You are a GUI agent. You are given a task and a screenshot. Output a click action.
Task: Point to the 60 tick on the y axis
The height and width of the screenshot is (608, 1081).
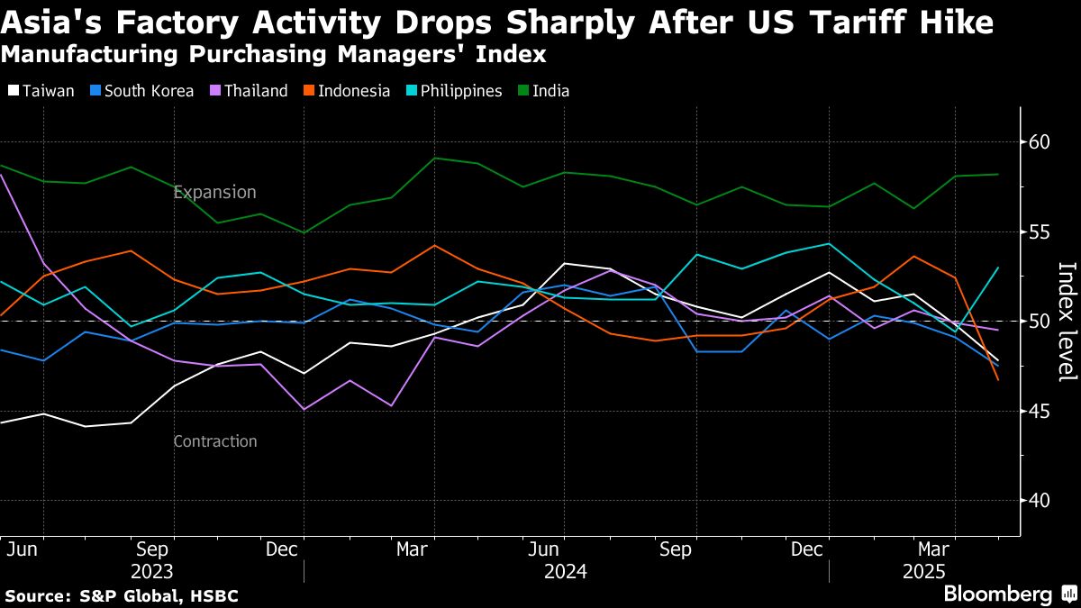pyautogui.click(x=1040, y=142)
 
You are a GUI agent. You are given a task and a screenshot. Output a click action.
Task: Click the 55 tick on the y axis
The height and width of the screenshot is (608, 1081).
pyautogui.click(x=1040, y=231)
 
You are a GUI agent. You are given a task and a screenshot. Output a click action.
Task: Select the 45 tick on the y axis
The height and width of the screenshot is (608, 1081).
pyautogui.click(x=1040, y=411)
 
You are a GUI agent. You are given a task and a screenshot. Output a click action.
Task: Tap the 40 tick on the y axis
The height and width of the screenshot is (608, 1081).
pyautogui.click(x=1040, y=500)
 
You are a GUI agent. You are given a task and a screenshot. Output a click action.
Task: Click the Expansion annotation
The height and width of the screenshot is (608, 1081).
pyautogui.click(x=214, y=193)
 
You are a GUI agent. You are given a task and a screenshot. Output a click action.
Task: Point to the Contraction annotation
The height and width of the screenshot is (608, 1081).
pyautogui.click(x=214, y=441)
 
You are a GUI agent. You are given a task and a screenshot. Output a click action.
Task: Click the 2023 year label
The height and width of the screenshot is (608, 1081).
pyautogui.click(x=152, y=572)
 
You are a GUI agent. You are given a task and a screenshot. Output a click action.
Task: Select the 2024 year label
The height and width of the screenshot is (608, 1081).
pyautogui.click(x=566, y=572)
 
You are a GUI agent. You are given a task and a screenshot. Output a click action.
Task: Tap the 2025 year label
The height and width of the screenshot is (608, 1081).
pyautogui.click(x=923, y=572)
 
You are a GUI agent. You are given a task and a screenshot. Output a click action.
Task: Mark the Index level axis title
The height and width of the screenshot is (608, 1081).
pyautogui.click(x=1067, y=322)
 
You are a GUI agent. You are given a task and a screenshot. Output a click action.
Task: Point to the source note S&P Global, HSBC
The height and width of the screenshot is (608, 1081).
pyautogui.click(x=122, y=595)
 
